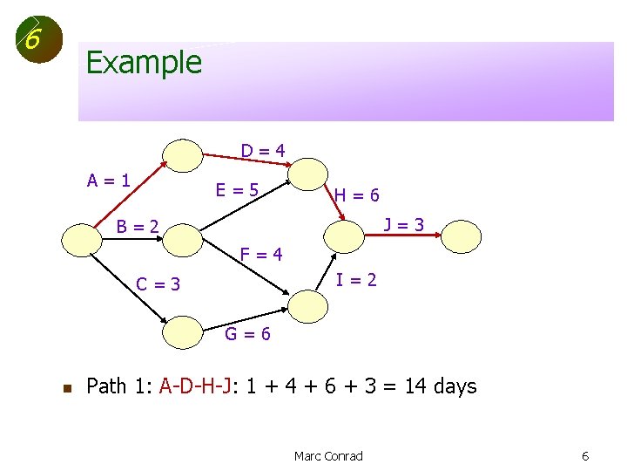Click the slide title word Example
(x=144, y=63)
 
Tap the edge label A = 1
(x=109, y=181)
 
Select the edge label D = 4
(x=263, y=150)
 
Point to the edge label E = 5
(x=238, y=188)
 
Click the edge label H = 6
(x=357, y=196)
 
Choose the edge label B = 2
(x=138, y=227)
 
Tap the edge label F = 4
(x=261, y=255)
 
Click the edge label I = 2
(x=357, y=280)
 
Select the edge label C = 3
(x=158, y=283)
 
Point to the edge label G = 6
(x=248, y=333)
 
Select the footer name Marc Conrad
(x=328, y=456)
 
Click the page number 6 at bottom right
(x=586, y=456)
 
